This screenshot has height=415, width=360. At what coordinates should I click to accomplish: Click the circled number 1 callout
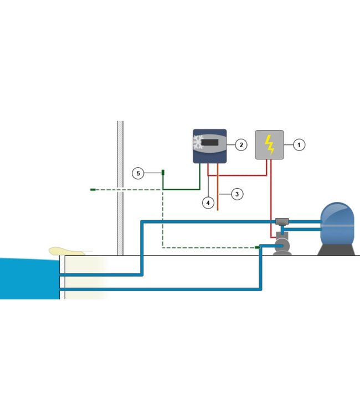point(299,145)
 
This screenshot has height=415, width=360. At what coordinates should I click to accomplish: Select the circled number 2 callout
point(241,145)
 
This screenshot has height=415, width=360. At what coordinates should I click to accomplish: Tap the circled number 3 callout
point(236,194)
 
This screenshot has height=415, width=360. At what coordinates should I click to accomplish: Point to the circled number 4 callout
point(208,203)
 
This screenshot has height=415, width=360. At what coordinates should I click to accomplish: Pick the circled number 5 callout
point(138,174)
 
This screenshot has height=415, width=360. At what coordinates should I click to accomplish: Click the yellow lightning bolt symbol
point(269,144)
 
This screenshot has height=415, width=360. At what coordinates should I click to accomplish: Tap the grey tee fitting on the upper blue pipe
point(282,221)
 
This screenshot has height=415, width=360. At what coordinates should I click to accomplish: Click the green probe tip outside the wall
point(93,190)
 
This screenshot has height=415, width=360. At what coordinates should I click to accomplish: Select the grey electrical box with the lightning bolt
point(269,145)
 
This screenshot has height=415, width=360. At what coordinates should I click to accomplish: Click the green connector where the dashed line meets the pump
point(258,247)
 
